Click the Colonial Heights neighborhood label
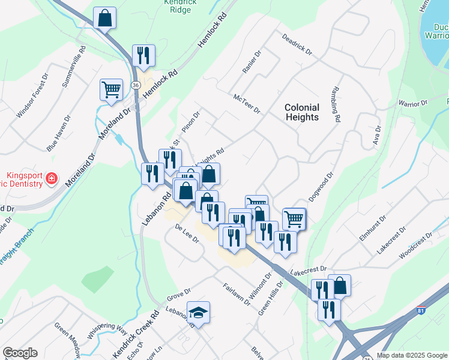point(301,112)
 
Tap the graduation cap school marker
point(197,313)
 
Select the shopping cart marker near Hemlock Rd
point(111,90)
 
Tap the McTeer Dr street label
point(247,103)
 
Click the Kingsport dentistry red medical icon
point(52,178)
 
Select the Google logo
point(20,353)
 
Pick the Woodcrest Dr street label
point(415,245)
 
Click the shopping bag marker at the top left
point(104,19)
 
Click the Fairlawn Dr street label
point(236,294)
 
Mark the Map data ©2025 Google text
point(412,355)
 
